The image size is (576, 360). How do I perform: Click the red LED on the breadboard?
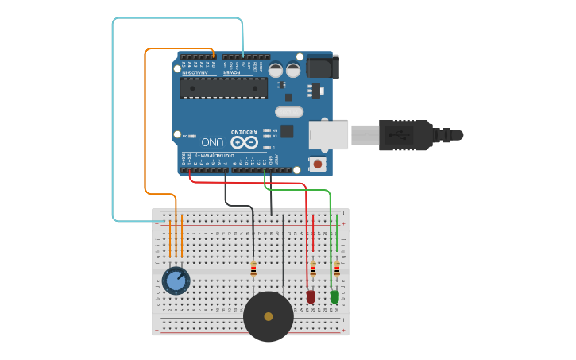click(311, 296)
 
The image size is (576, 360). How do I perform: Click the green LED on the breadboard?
click(334, 296)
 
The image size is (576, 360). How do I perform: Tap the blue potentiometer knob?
click(176, 281)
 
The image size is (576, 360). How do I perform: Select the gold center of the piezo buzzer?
click(269, 316)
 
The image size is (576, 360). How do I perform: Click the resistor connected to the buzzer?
click(253, 269)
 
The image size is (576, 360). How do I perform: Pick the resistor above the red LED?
click(313, 269)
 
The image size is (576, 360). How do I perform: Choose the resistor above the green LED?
click(337, 269)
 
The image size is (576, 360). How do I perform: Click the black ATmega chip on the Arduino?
click(222, 88)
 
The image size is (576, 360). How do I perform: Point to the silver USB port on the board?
click(328, 135)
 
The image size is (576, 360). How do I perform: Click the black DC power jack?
click(322, 66)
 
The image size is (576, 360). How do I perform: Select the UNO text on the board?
click(211, 142)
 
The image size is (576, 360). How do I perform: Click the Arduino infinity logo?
click(245, 142)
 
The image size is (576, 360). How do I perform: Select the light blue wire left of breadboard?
click(113, 119)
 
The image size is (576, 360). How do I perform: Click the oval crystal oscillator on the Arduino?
click(288, 112)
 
